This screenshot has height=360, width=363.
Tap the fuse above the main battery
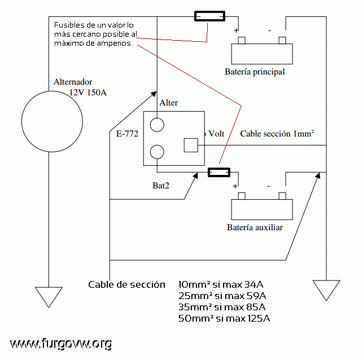click(209, 16)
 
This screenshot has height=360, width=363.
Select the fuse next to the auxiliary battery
click(219, 172)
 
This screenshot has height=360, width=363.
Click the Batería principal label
click(255, 72)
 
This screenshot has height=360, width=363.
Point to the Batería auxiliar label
click(255, 227)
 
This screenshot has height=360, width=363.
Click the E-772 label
click(127, 134)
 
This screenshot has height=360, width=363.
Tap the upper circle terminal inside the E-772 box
click(157, 118)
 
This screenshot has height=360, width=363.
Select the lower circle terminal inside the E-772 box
click(157, 145)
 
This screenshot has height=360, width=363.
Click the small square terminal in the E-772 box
click(191, 139)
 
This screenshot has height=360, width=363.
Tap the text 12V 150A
click(88, 93)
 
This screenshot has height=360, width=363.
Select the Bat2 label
click(161, 186)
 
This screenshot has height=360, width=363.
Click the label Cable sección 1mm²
click(277, 134)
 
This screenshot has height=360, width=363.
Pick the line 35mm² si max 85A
click(222, 308)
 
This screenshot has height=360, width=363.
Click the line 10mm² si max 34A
click(221, 284)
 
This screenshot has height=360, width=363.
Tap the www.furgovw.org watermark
click(61, 344)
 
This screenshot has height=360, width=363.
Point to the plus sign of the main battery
click(236, 30)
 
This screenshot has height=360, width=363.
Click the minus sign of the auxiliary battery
click(269, 186)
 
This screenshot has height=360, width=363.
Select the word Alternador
click(73, 82)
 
